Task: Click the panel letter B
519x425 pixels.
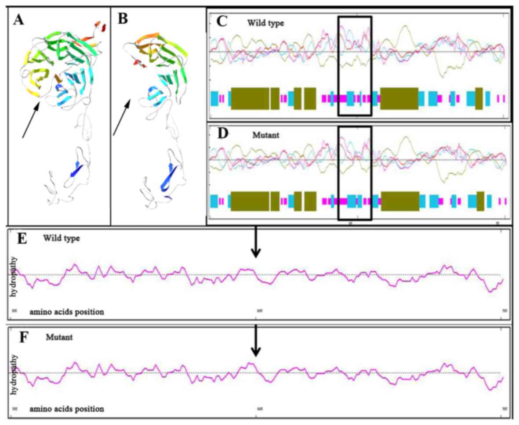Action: pyautogui.click(x=121, y=19)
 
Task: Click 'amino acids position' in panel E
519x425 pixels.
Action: pyautogui.click(x=67, y=312)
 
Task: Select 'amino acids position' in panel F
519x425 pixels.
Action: pyautogui.click(x=67, y=409)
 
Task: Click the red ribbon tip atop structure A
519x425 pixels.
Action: pyautogui.click(x=102, y=26)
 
